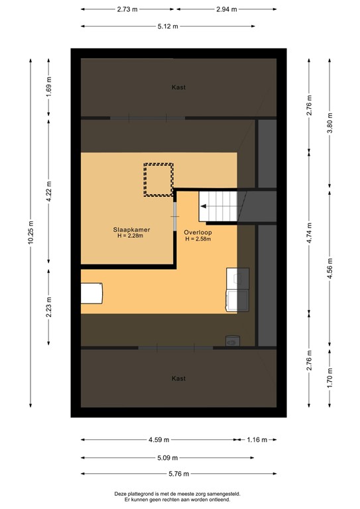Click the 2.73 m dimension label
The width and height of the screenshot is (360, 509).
(x=128, y=10)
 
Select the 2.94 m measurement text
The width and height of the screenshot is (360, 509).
(x=226, y=10)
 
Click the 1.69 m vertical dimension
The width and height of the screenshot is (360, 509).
(x=48, y=87)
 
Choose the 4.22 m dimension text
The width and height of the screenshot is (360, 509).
(x=48, y=196)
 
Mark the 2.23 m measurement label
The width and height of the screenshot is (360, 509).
(x=48, y=307)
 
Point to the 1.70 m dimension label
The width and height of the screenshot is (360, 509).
(x=329, y=382)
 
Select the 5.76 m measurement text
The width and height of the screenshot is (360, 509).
(x=178, y=473)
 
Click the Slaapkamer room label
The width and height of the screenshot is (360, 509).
(x=131, y=229)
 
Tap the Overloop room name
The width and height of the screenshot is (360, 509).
(x=198, y=233)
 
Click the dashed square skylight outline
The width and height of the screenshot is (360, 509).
(x=158, y=180)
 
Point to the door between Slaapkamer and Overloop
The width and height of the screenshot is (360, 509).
(x=175, y=210)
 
